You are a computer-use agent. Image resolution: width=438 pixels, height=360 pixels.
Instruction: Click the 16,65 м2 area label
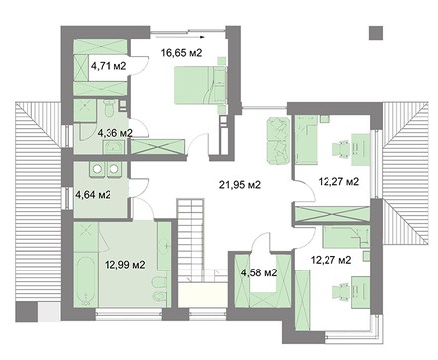[x=181, y=53]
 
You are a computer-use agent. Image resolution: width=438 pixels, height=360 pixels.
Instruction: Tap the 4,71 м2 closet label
[x=109, y=66]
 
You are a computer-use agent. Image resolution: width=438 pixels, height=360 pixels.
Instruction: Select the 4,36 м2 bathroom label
[x=114, y=133]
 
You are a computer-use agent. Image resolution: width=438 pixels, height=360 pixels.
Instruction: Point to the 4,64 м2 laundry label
[x=93, y=195]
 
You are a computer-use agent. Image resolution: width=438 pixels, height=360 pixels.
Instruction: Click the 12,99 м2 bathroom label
[x=125, y=265]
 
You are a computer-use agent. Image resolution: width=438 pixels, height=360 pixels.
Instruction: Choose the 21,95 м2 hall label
[x=240, y=184]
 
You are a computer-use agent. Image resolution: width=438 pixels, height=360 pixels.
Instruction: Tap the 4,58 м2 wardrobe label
[x=259, y=273]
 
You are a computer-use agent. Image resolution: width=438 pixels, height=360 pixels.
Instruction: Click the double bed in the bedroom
[x=200, y=86]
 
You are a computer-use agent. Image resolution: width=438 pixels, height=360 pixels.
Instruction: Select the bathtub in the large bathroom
[x=86, y=280]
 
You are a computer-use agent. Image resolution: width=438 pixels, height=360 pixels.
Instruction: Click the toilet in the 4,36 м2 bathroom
[x=109, y=108]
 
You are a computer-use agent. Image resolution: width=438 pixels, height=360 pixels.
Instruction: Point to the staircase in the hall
[x=190, y=241]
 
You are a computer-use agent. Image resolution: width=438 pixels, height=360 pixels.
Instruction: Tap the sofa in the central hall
[x=278, y=140]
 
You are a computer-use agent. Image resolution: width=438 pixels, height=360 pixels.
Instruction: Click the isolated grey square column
[x=376, y=33]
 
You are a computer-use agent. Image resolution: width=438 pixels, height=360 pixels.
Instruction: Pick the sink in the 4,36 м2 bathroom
[x=113, y=147]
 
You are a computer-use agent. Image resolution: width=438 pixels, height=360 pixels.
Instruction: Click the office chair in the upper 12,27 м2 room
[x=341, y=149]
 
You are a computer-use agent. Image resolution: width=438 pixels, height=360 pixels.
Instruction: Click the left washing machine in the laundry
[x=97, y=169]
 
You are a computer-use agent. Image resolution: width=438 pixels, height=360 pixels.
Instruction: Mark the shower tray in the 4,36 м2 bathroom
[x=85, y=110]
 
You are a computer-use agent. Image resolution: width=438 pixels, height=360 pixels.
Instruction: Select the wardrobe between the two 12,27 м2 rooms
[x=332, y=214]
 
